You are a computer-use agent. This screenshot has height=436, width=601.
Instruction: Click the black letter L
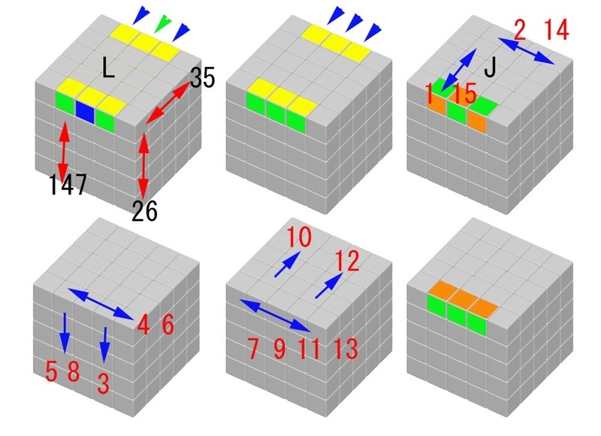109,67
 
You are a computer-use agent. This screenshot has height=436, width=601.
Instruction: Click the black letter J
491,68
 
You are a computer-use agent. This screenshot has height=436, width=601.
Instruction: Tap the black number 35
202,78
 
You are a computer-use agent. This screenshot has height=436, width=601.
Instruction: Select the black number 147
68,184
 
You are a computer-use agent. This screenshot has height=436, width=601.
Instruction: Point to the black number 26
144,211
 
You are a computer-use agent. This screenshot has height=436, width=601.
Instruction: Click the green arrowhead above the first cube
163,23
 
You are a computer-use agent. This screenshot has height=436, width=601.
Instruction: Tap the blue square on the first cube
85,111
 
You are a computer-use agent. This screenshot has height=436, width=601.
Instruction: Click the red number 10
299,237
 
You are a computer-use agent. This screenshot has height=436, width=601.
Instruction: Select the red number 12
347,261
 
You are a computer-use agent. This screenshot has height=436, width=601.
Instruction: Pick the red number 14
556,29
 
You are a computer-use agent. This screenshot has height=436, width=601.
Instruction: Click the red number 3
103,383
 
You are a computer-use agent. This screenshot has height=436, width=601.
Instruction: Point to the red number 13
346,349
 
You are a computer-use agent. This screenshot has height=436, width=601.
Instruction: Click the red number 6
168,325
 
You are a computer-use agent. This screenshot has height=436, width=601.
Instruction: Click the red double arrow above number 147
64,150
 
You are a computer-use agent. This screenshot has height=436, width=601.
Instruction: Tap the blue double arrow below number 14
527,51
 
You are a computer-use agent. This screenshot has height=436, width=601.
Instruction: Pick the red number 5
51,371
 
